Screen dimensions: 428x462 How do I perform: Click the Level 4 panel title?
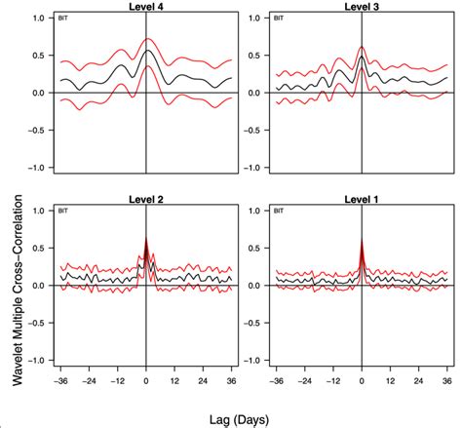145,6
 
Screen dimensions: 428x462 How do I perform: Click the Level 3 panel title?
361,6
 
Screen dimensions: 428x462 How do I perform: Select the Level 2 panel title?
145,199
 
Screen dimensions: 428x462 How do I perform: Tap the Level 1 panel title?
361,199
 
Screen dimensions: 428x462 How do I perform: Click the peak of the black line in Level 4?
146,51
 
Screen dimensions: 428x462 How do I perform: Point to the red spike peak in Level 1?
362,240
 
